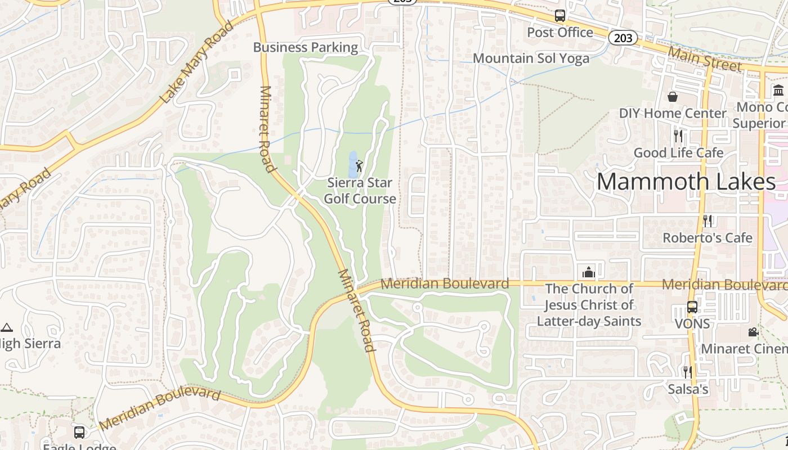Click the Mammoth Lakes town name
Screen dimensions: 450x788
pos(686,182)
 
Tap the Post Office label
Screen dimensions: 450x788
pos(560,33)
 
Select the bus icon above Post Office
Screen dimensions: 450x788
pos(559,16)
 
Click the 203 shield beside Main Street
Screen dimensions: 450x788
pos(623,38)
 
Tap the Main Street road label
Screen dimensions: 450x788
pos(705,59)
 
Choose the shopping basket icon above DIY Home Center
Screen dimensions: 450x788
pos(672,97)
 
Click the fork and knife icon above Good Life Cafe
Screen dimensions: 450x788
pos(678,136)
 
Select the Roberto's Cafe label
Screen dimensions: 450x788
pos(707,238)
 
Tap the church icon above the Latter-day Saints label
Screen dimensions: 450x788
pos(589,273)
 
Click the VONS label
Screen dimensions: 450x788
pos(692,324)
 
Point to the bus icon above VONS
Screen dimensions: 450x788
pos(692,307)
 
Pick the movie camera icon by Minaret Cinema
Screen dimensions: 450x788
pos(753,332)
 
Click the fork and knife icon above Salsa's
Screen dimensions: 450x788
pos(687,372)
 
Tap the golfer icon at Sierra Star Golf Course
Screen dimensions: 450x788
pos(359,166)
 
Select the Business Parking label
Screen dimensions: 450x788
pos(306,47)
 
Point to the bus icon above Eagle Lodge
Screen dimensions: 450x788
pos(79,432)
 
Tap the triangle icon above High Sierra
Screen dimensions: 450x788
pos(7,327)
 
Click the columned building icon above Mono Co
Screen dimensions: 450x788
pos(779,90)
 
